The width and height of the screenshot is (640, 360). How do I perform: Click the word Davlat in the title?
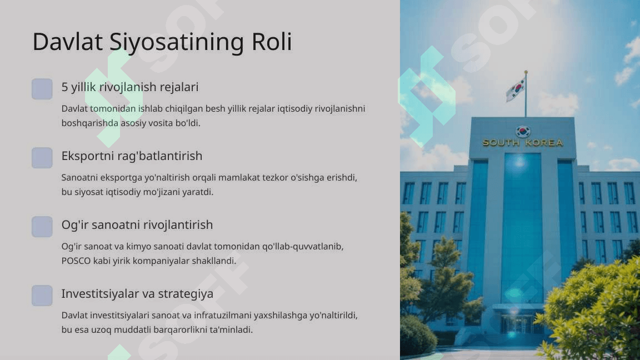click(x=67, y=42)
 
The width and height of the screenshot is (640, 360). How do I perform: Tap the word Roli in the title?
click(x=272, y=42)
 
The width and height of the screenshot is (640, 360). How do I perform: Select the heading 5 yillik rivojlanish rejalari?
click(x=130, y=87)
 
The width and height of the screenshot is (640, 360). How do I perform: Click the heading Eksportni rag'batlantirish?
click(x=132, y=156)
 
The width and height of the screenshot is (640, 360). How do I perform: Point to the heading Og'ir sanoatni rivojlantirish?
click(x=137, y=225)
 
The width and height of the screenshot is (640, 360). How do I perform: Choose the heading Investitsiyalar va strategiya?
click(x=137, y=293)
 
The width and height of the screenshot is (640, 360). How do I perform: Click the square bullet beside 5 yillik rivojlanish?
click(x=42, y=89)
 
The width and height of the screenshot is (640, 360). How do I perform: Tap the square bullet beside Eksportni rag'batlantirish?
click(x=42, y=158)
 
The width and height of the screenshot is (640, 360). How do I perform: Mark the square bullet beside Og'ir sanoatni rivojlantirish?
click(x=42, y=227)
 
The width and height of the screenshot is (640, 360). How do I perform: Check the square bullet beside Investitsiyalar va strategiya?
click(x=42, y=296)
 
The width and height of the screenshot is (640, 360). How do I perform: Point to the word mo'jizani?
click(x=161, y=192)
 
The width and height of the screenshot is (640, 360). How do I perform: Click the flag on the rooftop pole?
click(x=516, y=89)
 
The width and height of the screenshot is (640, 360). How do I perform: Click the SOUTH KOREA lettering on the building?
click(x=523, y=142)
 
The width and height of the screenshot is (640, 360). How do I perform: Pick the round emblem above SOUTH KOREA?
click(x=523, y=132)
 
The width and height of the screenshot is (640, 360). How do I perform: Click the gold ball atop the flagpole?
click(x=526, y=72)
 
